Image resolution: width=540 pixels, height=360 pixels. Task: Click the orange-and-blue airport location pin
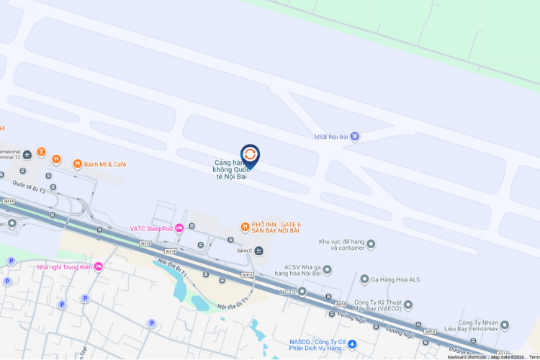250,155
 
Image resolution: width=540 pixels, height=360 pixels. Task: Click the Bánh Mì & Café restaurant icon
77,164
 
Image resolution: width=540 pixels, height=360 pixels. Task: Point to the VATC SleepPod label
150,229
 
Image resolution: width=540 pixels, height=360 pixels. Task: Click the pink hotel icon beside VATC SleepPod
179,228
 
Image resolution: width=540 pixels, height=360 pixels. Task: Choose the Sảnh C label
245,251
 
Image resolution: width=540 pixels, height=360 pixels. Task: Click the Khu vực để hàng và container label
342,245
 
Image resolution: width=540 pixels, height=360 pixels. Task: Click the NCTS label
288,292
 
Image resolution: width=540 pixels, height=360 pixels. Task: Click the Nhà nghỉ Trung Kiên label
65,267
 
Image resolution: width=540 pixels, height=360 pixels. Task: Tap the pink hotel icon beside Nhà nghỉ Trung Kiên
99,266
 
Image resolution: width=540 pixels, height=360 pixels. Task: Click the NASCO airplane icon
352,346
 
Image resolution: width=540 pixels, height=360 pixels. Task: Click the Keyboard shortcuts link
467,357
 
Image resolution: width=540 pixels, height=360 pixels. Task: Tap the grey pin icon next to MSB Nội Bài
354,136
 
